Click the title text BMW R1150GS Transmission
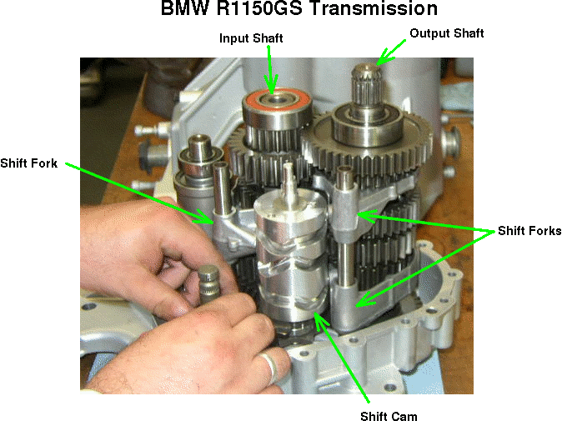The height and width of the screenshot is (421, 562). tap(299, 8)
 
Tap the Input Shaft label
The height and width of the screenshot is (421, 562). tap(251, 38)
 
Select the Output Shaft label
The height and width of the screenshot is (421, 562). tap(447, 33)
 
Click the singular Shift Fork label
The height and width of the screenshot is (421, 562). tap(28, 163)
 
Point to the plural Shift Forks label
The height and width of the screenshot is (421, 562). tap(529, 230)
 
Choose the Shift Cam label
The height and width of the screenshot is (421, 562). tap(389, 416)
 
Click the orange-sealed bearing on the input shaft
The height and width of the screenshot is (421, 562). tap(277, 108)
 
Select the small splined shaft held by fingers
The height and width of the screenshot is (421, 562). tap(209, 284)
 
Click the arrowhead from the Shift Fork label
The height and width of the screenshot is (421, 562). tap(204, 217)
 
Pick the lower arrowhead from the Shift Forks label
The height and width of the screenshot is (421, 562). tap(366, 299)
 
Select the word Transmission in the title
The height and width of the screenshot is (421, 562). tap(374, 8)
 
